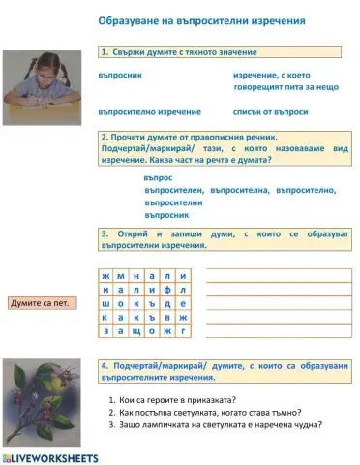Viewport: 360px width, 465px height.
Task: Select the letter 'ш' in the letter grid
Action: (x=105, y=303)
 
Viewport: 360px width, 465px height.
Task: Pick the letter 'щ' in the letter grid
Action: (x=135, y=331)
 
